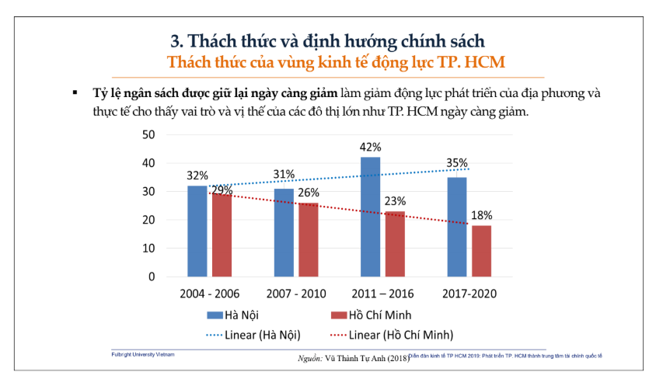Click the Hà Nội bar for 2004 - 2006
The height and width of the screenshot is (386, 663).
pos(197,231)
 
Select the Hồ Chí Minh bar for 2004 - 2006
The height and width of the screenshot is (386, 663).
pos(222,235)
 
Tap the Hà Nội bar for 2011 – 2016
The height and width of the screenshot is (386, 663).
pos(371,217)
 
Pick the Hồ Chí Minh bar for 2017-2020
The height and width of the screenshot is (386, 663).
pos(482,251)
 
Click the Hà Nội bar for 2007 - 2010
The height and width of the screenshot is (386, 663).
pos(284,232)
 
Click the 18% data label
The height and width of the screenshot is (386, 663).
pos(482,216)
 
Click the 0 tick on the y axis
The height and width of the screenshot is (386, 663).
pos(152,276)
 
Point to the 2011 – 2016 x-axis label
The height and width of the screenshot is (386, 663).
pos(383,294)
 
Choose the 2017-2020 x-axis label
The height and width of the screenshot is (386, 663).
pos(469,294)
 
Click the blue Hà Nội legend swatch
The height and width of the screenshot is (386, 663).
pos(214,315)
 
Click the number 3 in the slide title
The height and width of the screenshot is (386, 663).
pos(175,40)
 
